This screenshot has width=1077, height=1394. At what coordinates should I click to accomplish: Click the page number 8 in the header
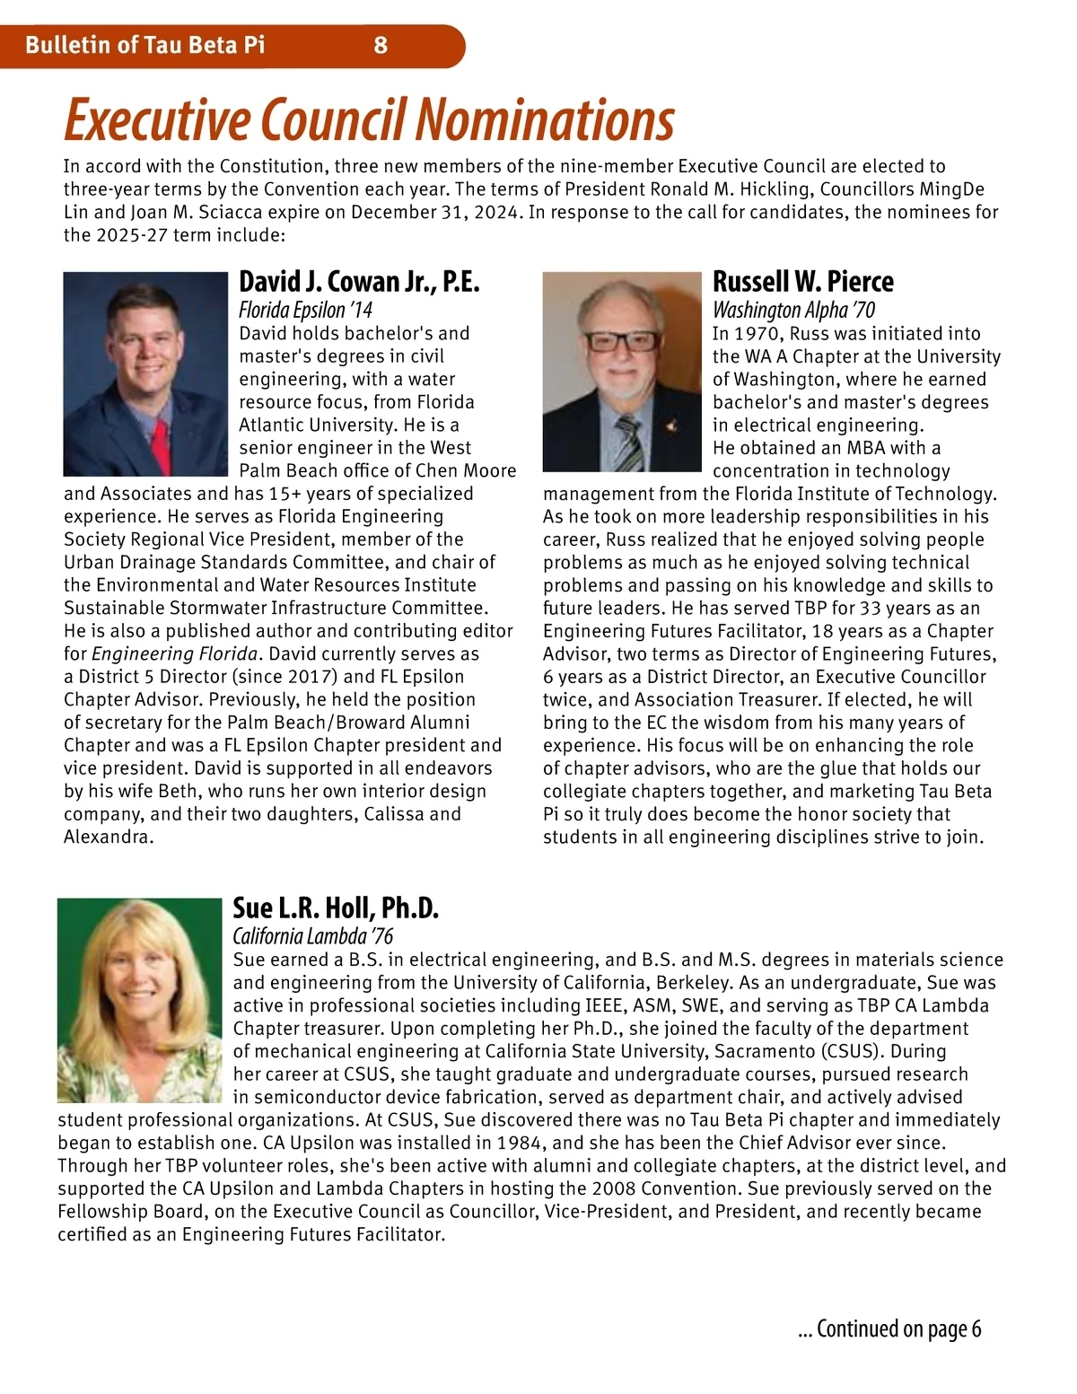coord(381,45)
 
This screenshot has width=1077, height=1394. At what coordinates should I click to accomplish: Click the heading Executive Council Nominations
coord(368,120)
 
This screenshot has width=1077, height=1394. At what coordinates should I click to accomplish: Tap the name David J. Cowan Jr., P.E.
coord(359,282)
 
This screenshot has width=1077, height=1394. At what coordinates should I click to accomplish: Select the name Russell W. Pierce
coord(802,282)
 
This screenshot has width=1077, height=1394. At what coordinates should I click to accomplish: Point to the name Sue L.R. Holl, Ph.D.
coord(336,908)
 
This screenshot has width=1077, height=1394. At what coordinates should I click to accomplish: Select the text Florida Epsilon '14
coord(305,311)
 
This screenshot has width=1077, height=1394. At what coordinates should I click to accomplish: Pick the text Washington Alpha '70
coord(793,311)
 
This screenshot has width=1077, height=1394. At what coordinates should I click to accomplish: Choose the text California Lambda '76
coord(312,937)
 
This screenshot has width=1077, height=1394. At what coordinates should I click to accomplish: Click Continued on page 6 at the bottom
coord(889,1328)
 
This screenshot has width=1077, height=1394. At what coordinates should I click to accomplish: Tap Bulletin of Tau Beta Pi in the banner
coord(145,45)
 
